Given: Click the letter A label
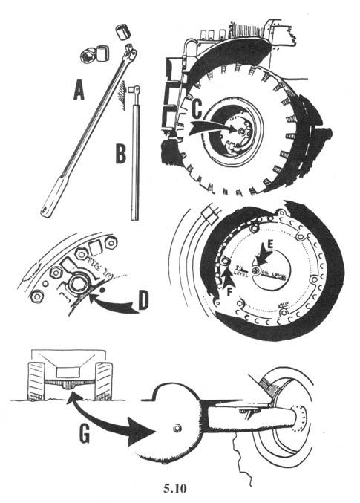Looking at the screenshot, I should pyautogui.click(x=79, y=91).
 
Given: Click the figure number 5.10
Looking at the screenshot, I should pyautogui.click(x=180, y=488).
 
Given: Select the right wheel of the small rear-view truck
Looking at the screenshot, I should pyautogui.click(x=103, y=381).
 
